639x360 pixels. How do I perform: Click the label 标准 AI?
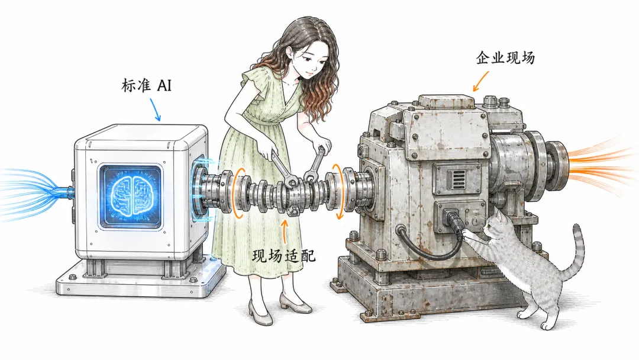[146, 86]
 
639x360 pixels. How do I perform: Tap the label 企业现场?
[505, 57]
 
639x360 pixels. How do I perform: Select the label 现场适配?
[283, 256]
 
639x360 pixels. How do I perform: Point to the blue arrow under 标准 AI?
[155, 109]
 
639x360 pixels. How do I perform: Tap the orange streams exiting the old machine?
[602, 163]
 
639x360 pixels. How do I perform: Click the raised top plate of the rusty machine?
[446, 100]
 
